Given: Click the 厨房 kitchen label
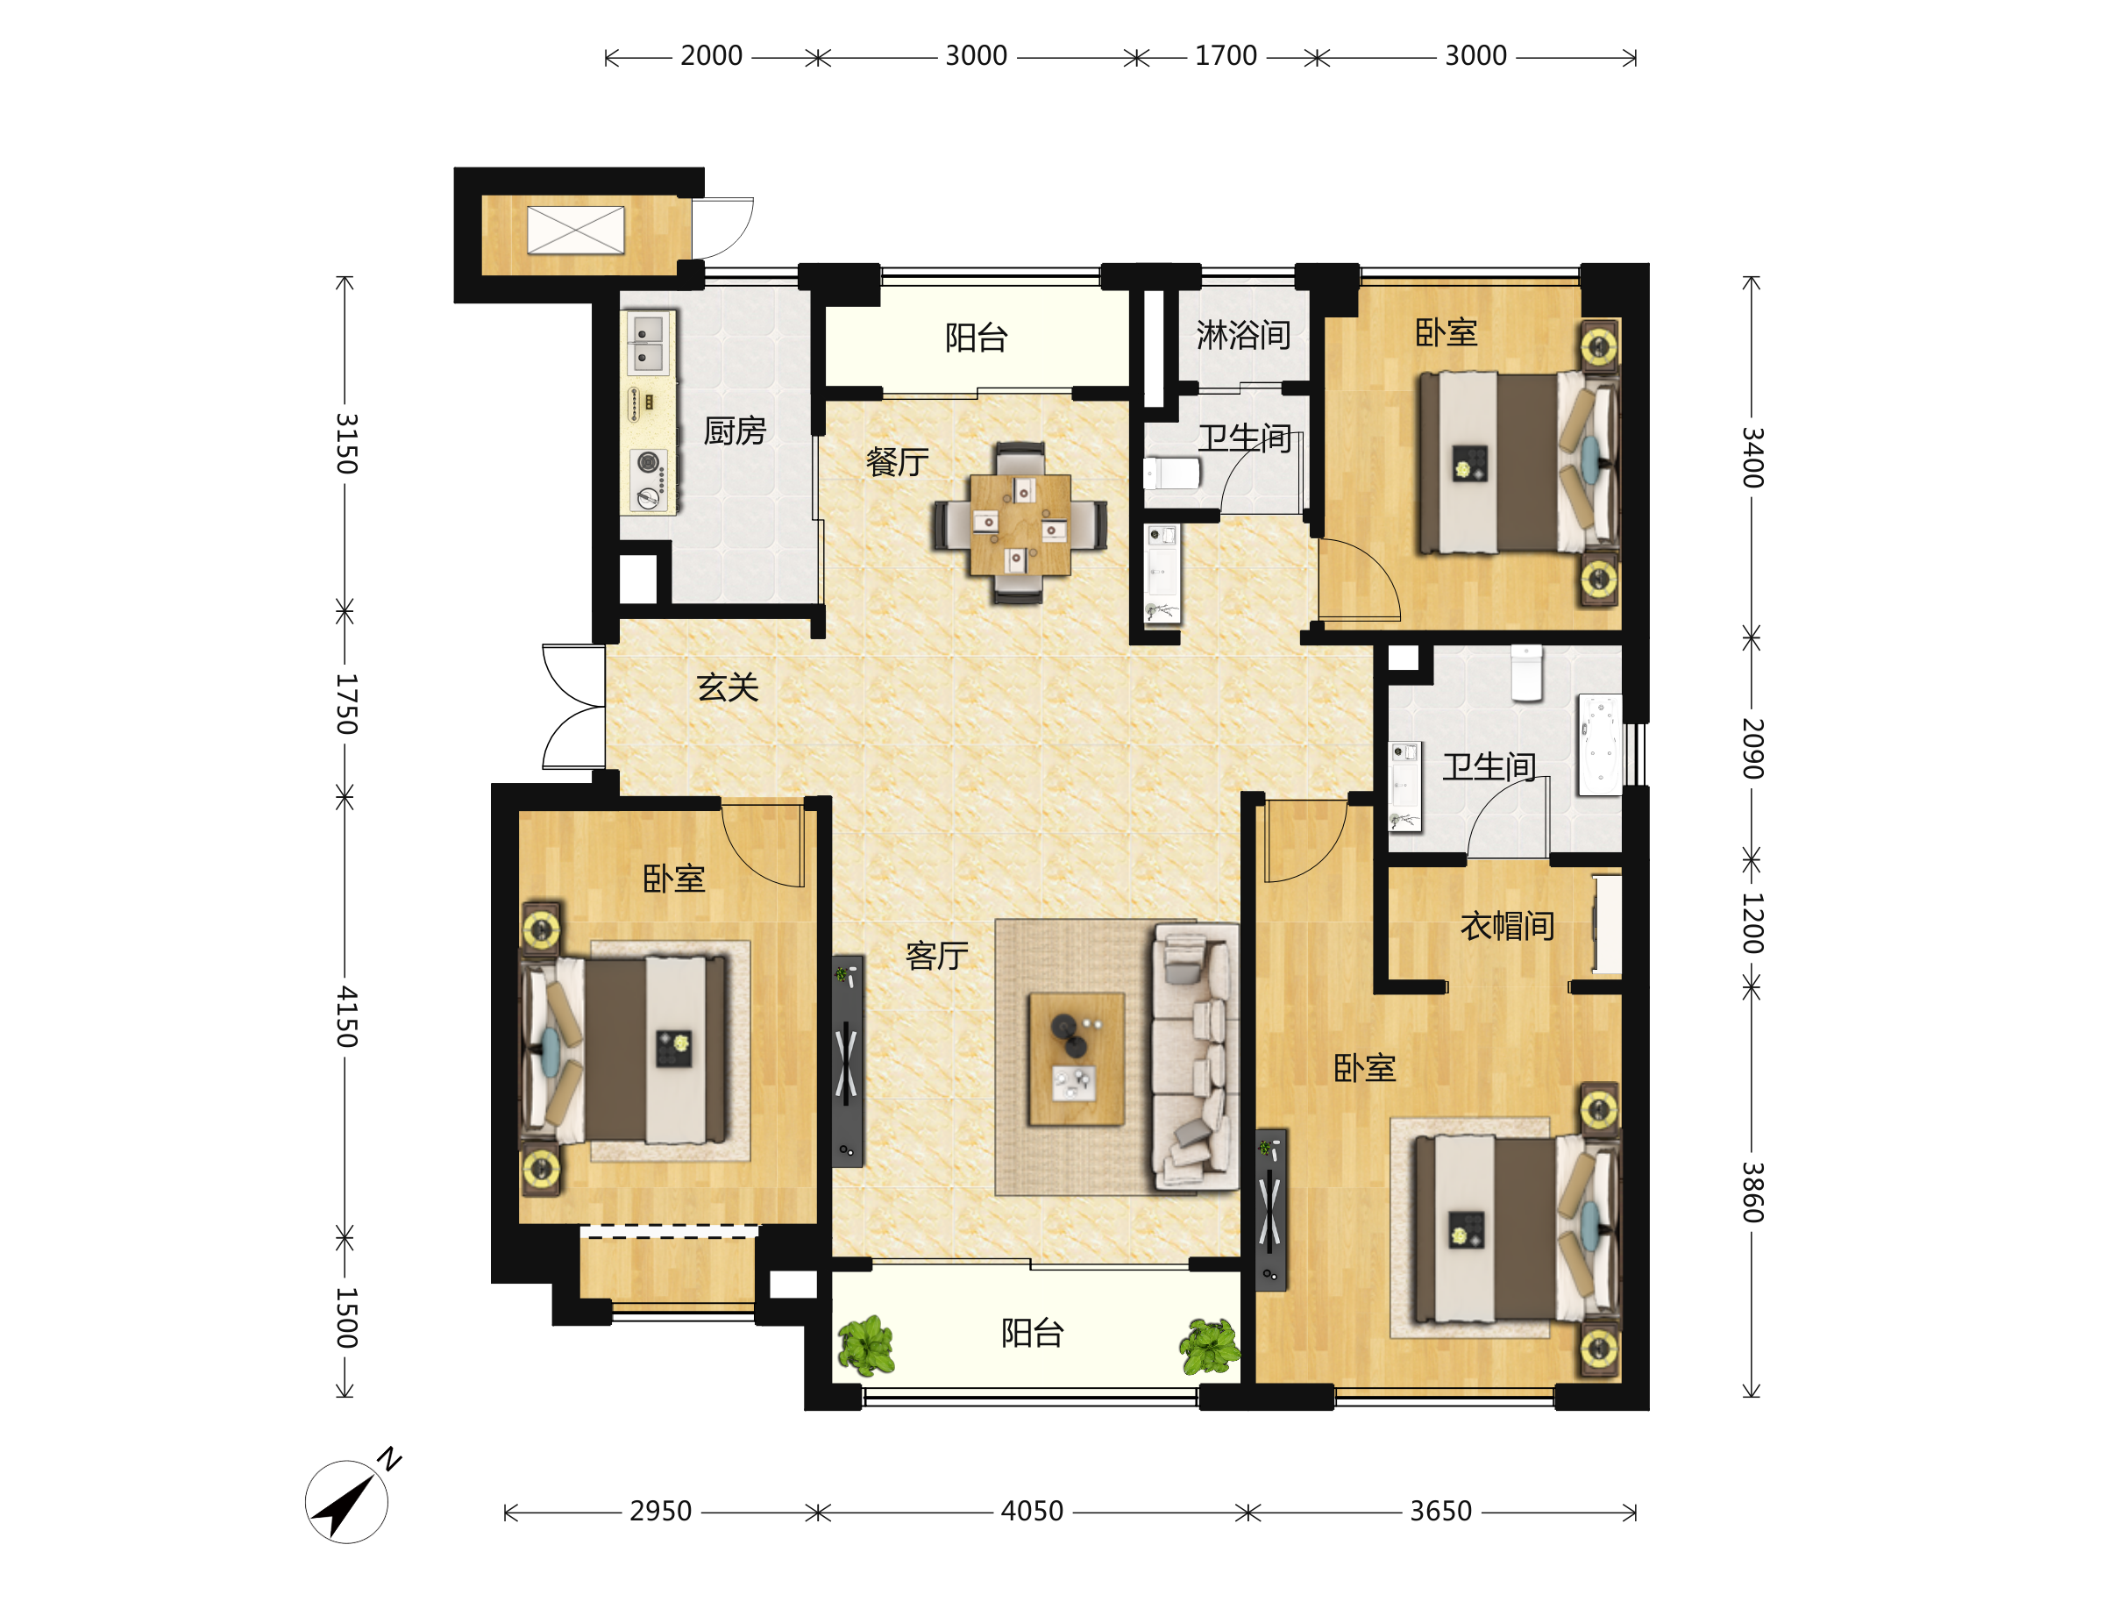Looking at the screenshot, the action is point(734,431).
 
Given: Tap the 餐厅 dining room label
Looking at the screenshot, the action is point(896,463).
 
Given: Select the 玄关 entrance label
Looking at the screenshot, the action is point(727,687).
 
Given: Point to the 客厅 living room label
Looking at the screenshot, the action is point(935,956).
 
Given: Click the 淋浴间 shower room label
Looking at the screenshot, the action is point(1243,335).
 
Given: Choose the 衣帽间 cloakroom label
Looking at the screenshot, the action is point(1507,926).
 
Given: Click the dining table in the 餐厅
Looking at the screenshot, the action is point(1020,524).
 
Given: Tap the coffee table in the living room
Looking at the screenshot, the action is point(1076,1059).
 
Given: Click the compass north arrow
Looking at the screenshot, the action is point(346,1503).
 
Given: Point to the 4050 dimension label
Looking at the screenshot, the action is point(1032,1511).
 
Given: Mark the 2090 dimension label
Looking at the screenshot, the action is point(1752,748).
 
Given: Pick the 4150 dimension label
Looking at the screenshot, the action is point(346,1017).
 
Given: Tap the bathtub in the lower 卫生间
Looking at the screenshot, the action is point(1600,745).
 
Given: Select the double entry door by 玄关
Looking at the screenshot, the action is point(574,707).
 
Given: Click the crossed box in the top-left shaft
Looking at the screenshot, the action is point(575,230).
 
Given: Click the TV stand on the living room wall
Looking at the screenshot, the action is point(847,1061).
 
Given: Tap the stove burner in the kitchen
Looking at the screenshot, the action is point(649,464).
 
